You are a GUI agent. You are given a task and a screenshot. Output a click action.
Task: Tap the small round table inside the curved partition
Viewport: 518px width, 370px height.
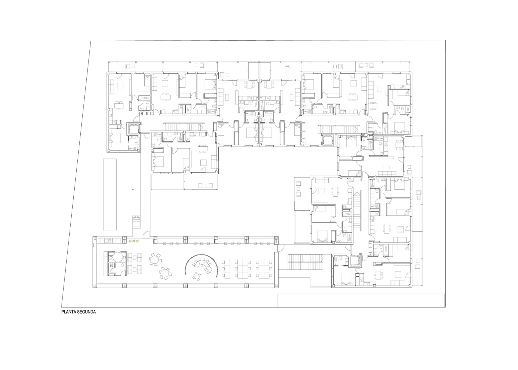pos(196,276)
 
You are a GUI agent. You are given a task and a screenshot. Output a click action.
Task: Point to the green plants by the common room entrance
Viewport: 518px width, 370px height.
pos(134,242)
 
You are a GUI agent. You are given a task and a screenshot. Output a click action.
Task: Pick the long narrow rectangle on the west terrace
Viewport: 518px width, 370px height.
pos(110,194)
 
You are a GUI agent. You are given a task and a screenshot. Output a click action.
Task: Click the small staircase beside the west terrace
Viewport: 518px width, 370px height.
pos(136,222)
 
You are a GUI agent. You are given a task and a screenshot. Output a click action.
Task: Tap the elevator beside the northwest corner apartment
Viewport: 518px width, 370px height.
pos(133,128)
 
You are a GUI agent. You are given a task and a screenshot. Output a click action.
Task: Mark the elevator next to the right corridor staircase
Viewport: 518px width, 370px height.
pos(328,139)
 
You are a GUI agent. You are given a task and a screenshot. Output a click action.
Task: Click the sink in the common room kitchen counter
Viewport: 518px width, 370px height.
pos(108,241)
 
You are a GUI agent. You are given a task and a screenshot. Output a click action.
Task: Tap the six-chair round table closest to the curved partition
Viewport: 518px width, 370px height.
pos(164,273)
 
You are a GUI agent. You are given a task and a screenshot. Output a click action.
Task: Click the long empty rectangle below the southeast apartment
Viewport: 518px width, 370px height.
pos(361,300)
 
